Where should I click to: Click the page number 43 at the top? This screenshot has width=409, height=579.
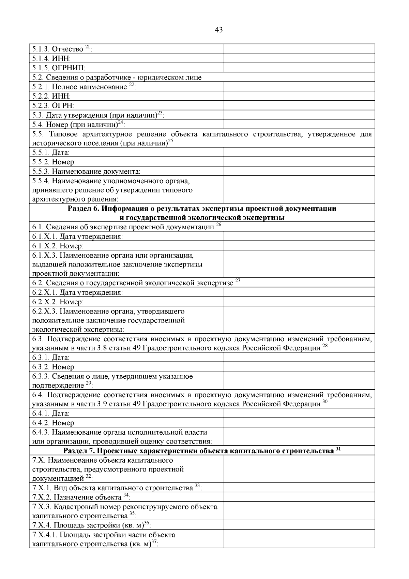coord(219,30)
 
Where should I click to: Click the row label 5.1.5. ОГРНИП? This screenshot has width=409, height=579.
coord(59,68)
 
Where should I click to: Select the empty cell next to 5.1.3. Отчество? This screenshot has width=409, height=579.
coord(299,49)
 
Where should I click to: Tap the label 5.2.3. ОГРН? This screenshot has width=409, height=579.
coord(53,105)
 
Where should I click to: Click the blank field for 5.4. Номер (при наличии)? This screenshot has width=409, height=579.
coord(299,124)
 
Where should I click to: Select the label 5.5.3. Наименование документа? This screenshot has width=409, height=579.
coord(86,171)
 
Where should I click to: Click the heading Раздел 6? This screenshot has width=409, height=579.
coord(202,209)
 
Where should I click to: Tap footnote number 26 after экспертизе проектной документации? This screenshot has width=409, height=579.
coord(219,225)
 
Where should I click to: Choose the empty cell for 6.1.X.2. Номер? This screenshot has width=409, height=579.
coord(299,246)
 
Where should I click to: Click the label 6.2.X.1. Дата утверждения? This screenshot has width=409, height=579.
coord(78,292)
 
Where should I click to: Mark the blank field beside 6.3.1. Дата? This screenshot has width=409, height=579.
coord(299,357)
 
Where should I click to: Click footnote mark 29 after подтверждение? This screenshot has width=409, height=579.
coord(88,383)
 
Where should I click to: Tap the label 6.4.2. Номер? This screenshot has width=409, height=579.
coord(54,423)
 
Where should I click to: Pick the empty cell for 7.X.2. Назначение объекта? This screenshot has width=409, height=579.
coord(299,497)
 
